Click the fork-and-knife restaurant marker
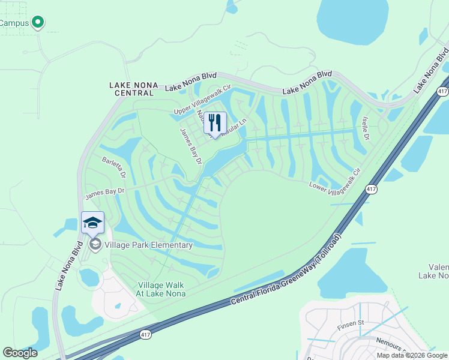pos(215,123)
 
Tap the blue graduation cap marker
pos(92,223)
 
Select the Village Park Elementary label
pos(149,245)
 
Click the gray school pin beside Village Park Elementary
pos(95,244)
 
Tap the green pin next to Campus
pos(38,23)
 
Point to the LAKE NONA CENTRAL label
pos(133,85)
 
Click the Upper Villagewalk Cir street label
pos(202,100)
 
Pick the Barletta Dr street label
pos(114,167)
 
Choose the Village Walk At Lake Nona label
pos(161,289)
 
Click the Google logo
pos(20,352)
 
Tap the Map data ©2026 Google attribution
pos(412,355)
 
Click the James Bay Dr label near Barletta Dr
pos(104,192)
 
